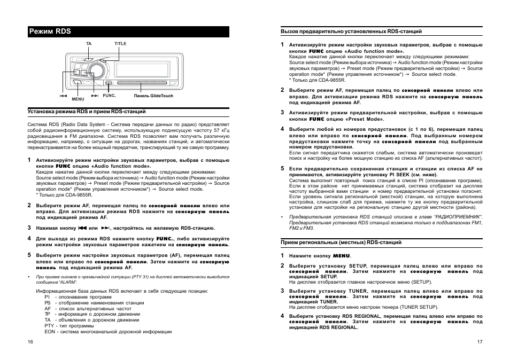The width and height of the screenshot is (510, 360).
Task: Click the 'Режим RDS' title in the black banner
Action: (50, 32)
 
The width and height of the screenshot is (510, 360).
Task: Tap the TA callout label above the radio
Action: (89, 43)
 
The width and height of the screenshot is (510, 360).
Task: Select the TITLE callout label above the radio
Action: (120, 43)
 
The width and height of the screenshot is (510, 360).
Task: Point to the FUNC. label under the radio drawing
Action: (109, 96)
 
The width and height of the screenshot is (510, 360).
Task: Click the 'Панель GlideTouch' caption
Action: (153, 96)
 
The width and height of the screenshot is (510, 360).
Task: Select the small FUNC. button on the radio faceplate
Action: (109, 83)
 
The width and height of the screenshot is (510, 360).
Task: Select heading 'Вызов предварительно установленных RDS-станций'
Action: (351, 32)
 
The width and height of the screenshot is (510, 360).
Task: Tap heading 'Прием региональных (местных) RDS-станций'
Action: (341, 242)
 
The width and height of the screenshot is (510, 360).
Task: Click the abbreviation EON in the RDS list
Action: (50, 332)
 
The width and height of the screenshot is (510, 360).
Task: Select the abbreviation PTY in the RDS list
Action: (49, 325)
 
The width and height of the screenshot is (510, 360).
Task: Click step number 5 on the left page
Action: (29, 255)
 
